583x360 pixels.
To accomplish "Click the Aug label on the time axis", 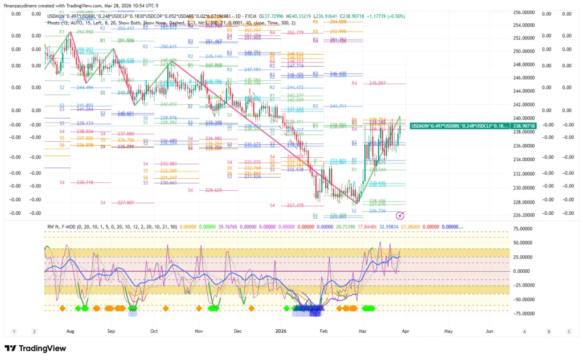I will (x=71, y=330).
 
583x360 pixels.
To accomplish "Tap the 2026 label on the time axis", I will (x=280, y=330).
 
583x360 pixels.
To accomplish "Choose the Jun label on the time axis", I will (x=490, y=330).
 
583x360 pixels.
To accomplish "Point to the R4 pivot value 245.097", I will (x=377, y=83).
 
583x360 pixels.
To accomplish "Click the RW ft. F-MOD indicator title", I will (x=68, y=226).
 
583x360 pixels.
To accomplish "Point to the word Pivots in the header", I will (x=55, y=23).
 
